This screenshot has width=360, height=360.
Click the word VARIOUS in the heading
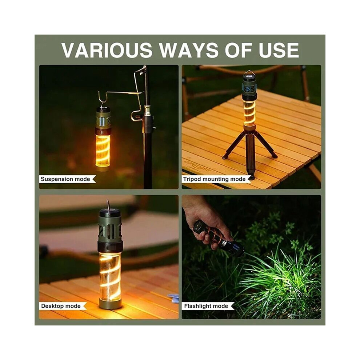(107, 50)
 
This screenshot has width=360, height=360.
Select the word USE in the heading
(279, 50)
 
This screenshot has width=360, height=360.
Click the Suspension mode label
(65, 179)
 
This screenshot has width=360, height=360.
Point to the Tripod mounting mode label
(214, 179)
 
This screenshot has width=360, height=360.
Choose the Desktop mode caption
(61, 306)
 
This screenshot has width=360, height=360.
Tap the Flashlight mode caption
(206, 306)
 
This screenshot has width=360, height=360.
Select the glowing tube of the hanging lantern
(103, 151)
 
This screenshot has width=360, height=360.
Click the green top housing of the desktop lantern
(110, 228)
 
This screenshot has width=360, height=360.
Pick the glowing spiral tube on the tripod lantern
(249, 111)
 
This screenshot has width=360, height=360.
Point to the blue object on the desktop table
(174, 299)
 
